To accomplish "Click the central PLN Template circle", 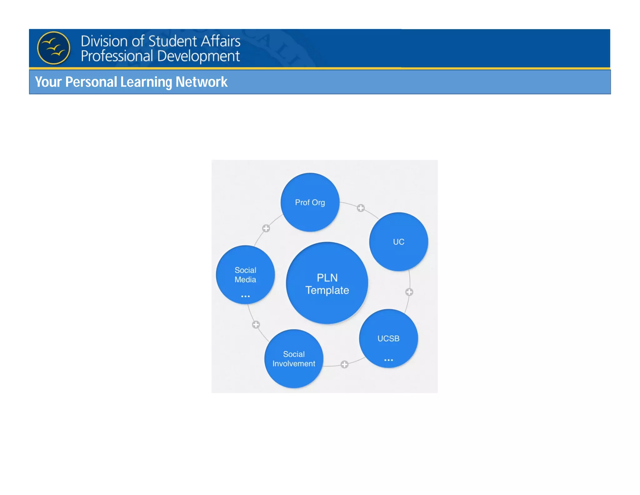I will tap(327, 283).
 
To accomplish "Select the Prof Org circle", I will tap(310, 202).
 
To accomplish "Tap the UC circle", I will tap(398, 242).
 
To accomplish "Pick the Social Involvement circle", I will tap(294, 359).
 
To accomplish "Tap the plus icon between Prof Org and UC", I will tap(361, 208).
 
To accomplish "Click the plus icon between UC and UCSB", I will tap(409, 292).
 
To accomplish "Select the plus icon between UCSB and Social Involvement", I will tap(344, 364).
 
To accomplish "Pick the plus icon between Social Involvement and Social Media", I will tap(256, 324).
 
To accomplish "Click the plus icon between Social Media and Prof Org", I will tap(266, 228).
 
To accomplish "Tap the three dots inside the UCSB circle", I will tap(388, 360).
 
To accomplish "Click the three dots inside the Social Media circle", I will tap(245, 296).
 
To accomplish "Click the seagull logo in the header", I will tap(54, 48).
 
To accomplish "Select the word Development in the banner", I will tap(198, 56).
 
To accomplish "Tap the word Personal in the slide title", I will tap(91, 82).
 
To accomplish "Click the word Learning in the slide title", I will tap(146, 82).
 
